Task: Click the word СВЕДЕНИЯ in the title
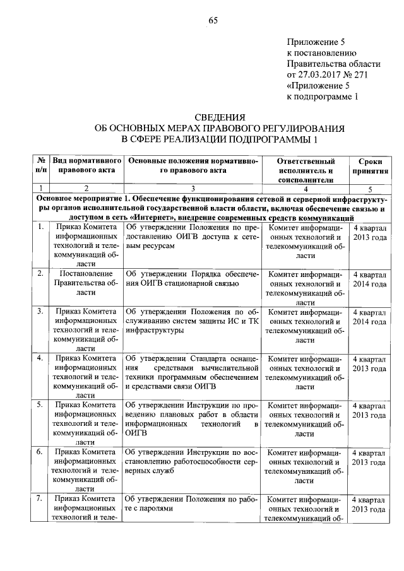click(218, 117)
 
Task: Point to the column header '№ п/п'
click(40, 166)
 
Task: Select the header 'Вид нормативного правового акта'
click(86, 166)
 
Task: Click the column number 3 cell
click(193, 188)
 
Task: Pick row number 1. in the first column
click(40, 226)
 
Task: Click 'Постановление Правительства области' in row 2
click(86, 279)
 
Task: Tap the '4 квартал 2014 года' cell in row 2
click(369, 280)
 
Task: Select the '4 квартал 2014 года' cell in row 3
click(369, 317)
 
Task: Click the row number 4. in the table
click(40, 358)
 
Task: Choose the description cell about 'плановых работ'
click(193, 419)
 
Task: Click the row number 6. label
click(40, 452)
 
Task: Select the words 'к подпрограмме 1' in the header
click(322, 97)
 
